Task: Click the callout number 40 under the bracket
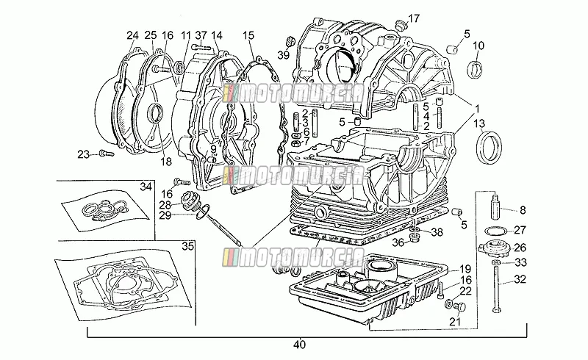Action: [300, 345]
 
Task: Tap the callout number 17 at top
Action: [414, 18]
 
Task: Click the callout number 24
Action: [132, 35]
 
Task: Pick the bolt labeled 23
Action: [106, 154]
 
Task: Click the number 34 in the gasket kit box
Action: [146, 187]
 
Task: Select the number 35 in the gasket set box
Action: [188, 246]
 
